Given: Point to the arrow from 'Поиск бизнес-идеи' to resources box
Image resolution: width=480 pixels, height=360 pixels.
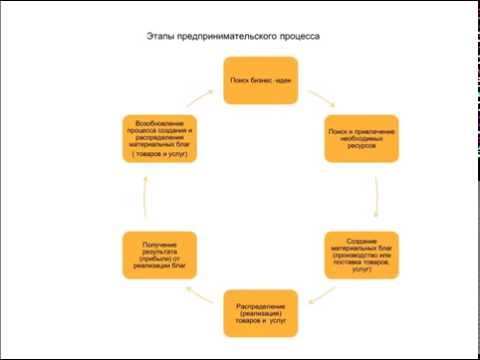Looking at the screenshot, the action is point(320,99).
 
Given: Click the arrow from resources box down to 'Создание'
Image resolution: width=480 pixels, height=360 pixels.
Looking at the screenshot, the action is point(375,198).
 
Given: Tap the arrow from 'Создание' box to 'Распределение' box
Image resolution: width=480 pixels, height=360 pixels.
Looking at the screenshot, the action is point(321,294).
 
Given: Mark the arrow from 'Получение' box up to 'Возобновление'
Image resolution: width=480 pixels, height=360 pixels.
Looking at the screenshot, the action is point(145,198).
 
